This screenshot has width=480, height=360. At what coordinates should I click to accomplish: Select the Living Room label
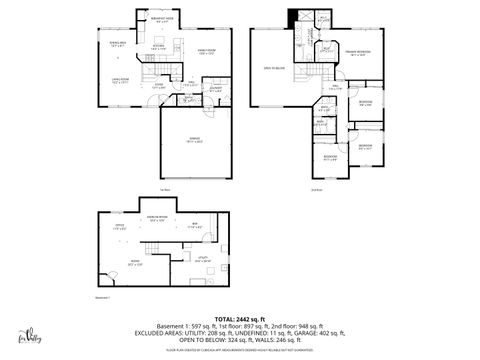[119, 82]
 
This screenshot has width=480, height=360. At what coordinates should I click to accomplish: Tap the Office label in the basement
[119, 226]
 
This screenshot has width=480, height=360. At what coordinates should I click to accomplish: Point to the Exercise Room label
[157, 219]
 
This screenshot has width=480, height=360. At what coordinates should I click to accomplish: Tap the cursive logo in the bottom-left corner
[35, 335]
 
